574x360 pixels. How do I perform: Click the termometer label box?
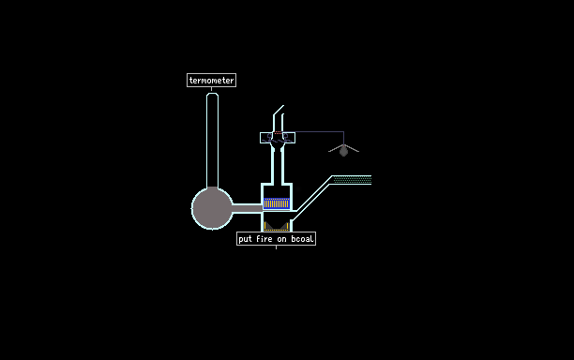[x=211, y=80]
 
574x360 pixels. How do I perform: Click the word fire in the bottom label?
[x=264, y=239]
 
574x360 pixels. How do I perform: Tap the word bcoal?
[x=302, y=239]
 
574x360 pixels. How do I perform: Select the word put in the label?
[x=246, y=239]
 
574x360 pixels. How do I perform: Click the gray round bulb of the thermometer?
[x=212, y=208]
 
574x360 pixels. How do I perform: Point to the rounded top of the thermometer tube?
[x=212, y=95]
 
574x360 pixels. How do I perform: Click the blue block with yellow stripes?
[x=277, y=203]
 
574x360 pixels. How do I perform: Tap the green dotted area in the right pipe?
[x=353, y=180]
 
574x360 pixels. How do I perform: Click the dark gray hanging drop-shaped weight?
[x=343, y=151]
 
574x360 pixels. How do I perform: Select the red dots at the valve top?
[x=278, y=132]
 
